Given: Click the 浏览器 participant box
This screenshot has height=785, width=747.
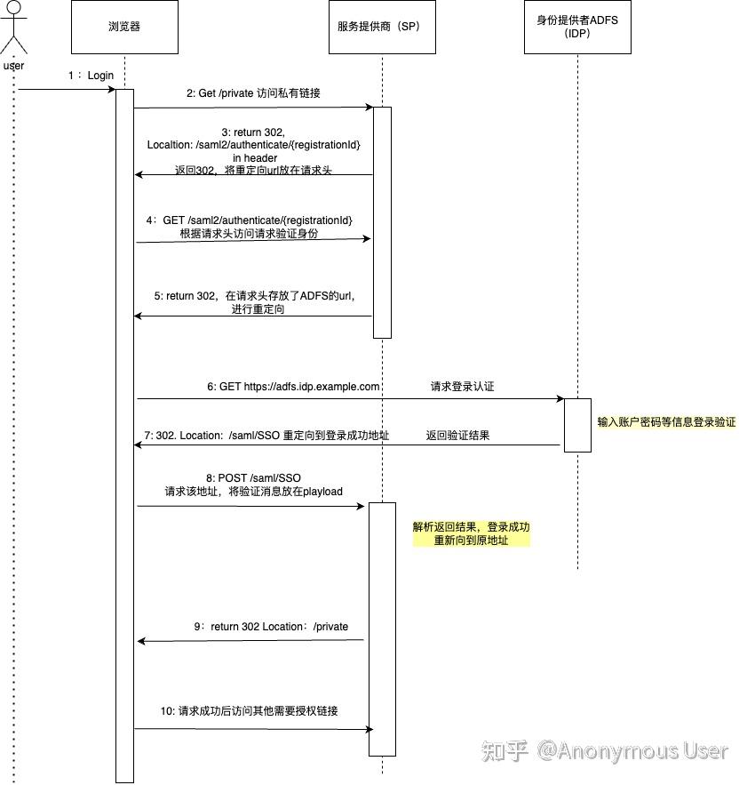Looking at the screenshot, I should tap(124, 27).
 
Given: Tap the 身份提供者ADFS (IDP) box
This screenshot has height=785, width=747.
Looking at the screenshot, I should tap(577, 27).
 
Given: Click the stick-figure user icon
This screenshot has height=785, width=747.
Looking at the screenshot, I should tap(13, 31).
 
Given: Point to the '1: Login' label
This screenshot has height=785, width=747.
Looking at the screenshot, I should tap(91, 76).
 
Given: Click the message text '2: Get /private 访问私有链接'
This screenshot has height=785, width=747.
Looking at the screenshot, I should tap(253, 92).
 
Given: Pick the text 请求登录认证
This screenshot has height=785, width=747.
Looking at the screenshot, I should tap(462, 387).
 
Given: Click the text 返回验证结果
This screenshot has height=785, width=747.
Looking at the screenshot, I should tap(457, 436).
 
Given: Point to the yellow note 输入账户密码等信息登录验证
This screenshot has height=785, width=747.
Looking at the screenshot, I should tap(666, 422).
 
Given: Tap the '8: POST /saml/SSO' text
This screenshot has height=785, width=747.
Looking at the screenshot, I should tap(253, 478).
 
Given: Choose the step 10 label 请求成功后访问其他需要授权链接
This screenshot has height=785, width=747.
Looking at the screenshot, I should tap(249, 711).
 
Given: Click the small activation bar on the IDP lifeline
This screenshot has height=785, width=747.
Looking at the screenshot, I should tap(577, 425).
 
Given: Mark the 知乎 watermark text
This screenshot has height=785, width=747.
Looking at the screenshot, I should tap(505, 751).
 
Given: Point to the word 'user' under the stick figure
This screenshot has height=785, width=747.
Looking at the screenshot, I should tap(13, 66).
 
